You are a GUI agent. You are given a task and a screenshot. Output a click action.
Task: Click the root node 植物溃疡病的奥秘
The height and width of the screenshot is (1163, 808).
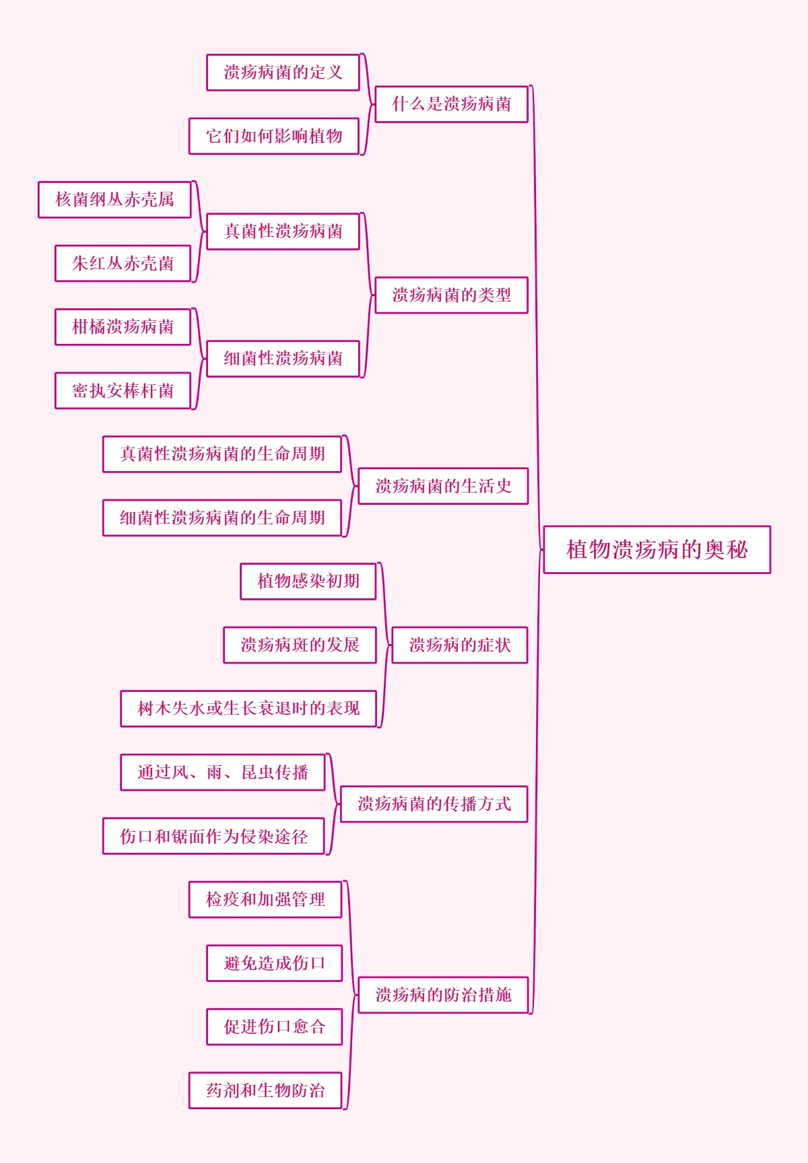(656, 550)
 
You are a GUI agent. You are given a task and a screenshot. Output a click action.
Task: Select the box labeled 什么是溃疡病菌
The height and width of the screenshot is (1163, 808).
(451, 104)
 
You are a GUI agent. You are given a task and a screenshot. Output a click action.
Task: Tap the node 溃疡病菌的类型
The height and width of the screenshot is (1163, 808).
(451, 295)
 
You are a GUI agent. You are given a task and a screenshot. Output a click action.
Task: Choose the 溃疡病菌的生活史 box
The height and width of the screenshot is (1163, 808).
(443, 486)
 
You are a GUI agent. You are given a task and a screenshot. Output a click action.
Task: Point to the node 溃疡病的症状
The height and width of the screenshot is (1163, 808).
(460, 645)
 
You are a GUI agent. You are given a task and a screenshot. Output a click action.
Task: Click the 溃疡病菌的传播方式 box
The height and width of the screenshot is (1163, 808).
(434, 804)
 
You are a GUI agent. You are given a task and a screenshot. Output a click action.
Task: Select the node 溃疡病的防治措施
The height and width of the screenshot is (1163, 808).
(443, 995)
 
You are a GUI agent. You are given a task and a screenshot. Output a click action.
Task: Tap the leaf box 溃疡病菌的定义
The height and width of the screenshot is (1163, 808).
(283, 73)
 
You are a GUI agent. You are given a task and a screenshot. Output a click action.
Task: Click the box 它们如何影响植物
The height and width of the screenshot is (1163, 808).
(274, 137)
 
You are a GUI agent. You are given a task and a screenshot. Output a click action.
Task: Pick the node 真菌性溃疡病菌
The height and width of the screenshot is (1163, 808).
(283, 232)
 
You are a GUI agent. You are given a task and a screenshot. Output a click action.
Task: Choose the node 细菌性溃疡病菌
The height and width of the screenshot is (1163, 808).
(283, 359)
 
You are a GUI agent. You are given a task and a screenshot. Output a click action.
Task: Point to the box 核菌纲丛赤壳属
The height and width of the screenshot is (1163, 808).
(114, 200)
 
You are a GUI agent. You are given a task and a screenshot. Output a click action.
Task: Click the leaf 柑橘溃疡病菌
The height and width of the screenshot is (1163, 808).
(123, 327)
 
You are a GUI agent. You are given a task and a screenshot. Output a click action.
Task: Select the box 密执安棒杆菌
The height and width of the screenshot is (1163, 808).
(123, 391)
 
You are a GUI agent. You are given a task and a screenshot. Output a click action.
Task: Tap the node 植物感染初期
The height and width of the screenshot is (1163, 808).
(308, 581)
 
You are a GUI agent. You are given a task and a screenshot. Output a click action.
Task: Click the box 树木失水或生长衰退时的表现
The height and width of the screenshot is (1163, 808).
(248, 709)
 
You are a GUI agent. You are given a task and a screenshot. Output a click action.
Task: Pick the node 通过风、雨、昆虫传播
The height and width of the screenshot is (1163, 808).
(223, 773)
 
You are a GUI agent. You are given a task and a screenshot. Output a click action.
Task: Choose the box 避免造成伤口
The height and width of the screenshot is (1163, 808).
(274, 964)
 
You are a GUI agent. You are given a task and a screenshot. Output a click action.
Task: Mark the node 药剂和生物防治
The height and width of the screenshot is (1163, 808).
(265, 1091)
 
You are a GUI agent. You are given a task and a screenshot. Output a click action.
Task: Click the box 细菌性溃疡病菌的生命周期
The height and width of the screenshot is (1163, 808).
(222, 518)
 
